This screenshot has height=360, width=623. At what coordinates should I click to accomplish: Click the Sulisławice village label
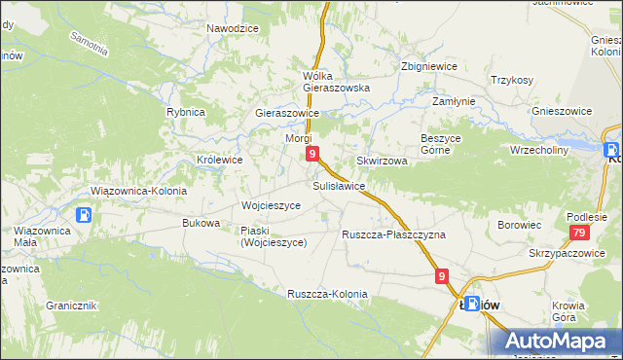click(x=339, y=185)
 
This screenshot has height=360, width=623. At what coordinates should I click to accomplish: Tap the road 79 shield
click(x=579, y=233)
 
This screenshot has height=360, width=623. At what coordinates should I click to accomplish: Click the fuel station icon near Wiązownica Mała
click(x=85, y=215)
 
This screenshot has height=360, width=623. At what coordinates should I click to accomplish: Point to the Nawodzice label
click(x=233, y=28)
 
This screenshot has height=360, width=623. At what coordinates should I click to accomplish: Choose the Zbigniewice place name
click(x=429, y=67)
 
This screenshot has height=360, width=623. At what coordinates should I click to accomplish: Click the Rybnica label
click(x=185, y=112)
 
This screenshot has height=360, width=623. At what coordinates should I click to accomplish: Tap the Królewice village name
click(x=220, y=159)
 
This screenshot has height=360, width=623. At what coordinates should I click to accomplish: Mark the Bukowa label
click(x=201, y=223)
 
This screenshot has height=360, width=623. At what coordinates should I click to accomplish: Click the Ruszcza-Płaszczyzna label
click(x=393, y=234)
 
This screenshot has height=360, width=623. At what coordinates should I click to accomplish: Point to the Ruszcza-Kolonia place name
click(x=327, y=294)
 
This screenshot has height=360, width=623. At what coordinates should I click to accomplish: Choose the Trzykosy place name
click(x=512, y=81)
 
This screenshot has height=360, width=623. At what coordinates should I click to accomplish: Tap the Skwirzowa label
click(x=382, y=161)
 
